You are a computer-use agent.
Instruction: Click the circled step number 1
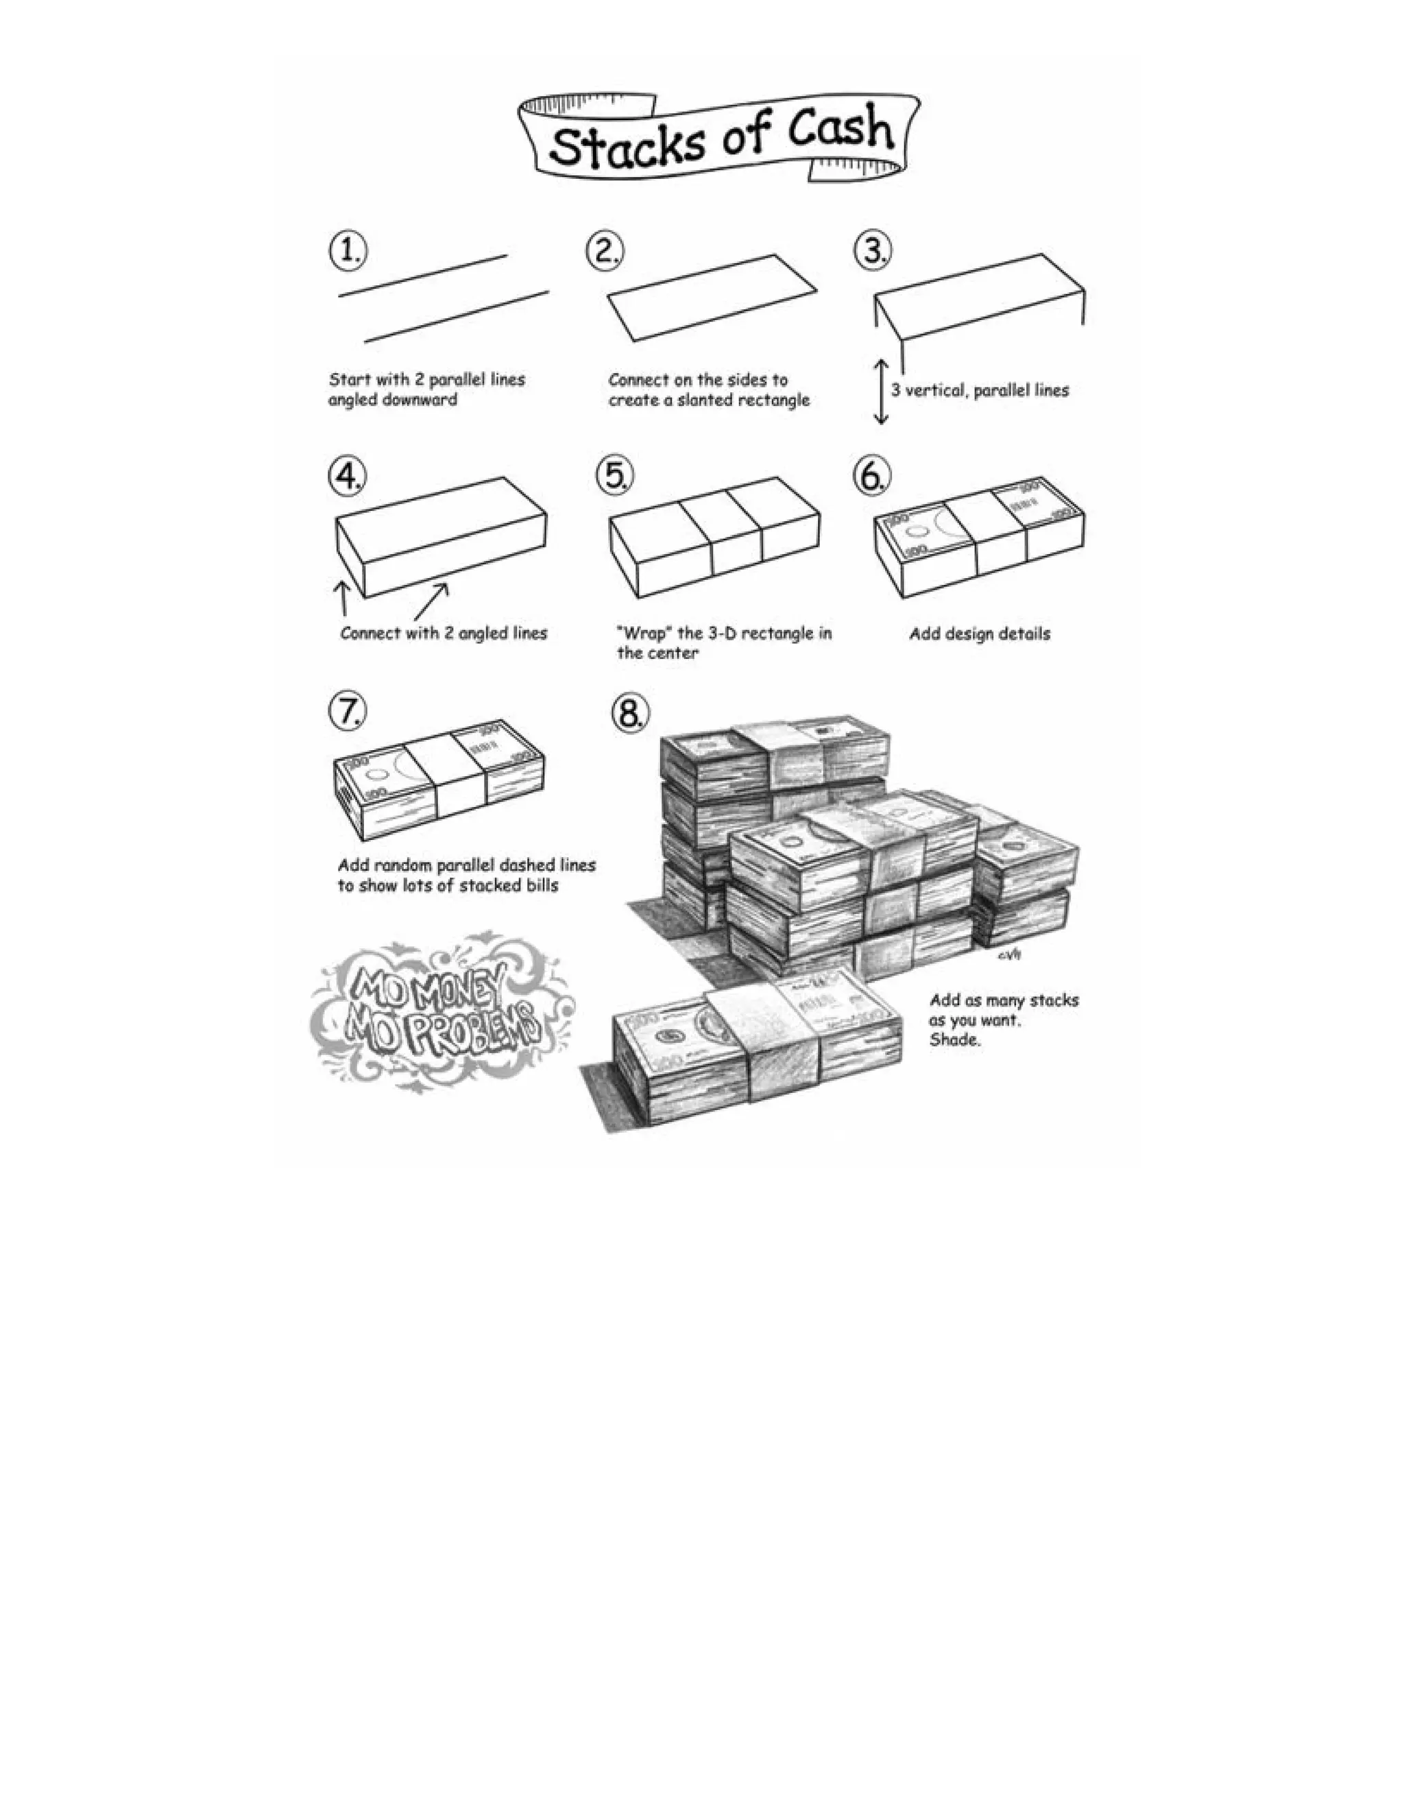(x=347, y=250)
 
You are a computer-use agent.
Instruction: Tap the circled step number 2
(x=605, y=250)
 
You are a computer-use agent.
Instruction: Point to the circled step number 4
(x=347, y=476)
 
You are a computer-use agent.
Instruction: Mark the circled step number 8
(x=629, y=712)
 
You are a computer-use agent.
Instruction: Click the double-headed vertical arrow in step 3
(x=881, y=391)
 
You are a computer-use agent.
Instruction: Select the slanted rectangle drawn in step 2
(x=713, y=297)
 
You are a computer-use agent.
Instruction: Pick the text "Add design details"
(x=979, y=634)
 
